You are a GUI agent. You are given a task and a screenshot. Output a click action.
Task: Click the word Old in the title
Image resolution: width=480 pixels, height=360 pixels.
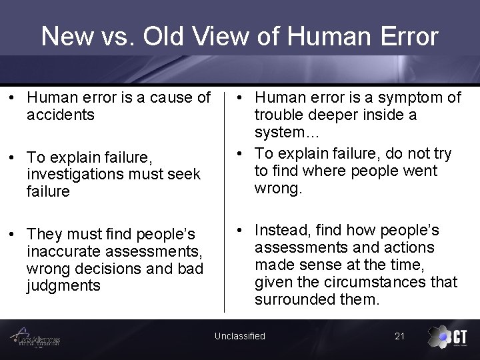point(155,36)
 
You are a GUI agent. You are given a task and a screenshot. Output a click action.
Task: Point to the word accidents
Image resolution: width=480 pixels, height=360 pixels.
point(60,114)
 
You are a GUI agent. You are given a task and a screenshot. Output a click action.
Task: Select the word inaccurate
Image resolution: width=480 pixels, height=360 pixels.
point(63,252)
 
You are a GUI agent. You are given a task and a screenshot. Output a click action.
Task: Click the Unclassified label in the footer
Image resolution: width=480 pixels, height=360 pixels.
point(239,336)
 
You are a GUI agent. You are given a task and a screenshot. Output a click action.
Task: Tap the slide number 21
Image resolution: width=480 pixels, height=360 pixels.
point(400,336)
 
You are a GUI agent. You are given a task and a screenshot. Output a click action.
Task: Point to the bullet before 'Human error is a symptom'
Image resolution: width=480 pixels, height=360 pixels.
point(239,97)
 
